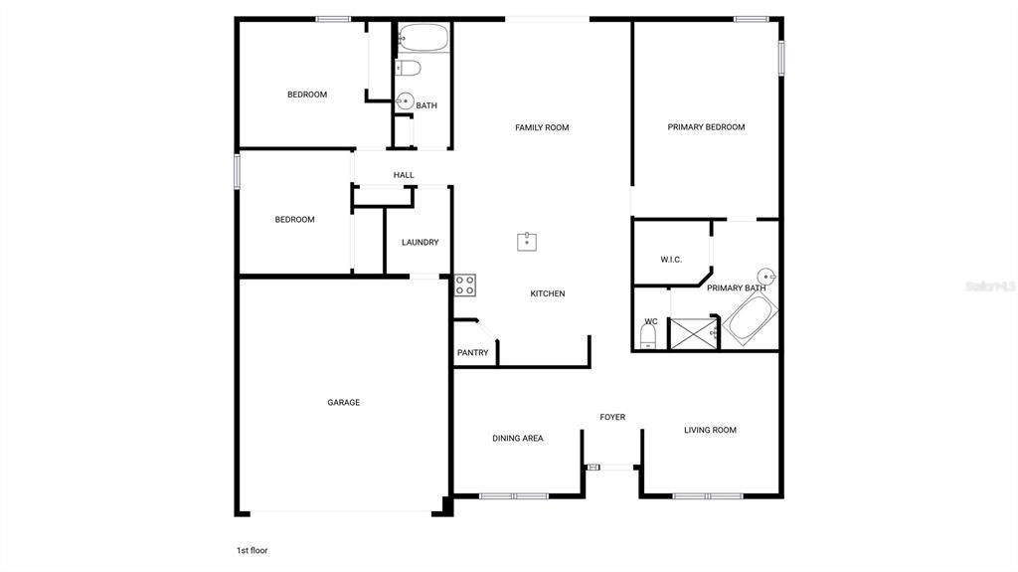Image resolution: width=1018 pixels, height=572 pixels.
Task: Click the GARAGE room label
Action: coord(344,403)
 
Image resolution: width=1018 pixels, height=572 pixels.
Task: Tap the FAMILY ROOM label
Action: coord(542,127)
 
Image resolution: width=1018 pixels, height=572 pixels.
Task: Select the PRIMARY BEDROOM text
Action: coord(706,127)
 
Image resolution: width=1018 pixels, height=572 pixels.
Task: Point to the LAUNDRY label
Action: coord(420,243)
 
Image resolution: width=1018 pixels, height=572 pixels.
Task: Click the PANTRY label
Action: coord(472,353)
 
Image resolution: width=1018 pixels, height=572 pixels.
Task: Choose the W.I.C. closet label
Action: coord(671,260)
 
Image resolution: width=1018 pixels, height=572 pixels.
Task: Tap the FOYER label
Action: coord(612,417)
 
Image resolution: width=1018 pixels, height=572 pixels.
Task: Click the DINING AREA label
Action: coord(518,439)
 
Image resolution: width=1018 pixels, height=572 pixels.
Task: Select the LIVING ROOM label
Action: coord(710,431)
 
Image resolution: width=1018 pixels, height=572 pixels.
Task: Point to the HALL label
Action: coord(404,175)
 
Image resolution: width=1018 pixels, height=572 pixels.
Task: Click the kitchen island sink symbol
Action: coord(527,241)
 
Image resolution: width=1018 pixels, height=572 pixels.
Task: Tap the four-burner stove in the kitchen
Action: coord(465,286)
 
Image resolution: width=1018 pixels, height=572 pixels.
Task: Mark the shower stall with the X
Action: coord(694,333)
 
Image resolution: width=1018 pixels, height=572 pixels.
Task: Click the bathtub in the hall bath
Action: coord(423,39)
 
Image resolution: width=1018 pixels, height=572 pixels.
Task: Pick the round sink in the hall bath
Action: coord(405,101)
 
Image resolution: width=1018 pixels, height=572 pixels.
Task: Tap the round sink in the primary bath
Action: coord(764,277)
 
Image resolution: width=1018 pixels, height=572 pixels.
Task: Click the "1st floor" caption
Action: coord(252,550)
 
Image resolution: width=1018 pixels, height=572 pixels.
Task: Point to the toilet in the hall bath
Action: coord(408,68)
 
